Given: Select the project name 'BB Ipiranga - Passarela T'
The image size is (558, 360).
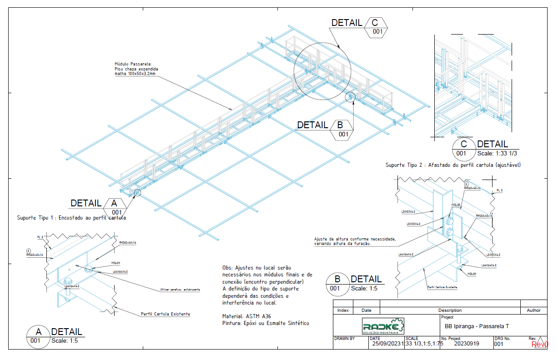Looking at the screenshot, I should [x=476, y=326].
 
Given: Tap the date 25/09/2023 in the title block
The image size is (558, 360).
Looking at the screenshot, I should [x=387, y=344].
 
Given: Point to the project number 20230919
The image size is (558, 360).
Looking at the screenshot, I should [x=467, y=344].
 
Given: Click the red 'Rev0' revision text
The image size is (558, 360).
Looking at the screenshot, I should [x=540, y=345].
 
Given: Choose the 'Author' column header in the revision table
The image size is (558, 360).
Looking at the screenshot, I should [x=533, y=310].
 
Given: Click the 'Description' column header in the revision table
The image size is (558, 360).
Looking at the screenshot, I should [x=450, y=310].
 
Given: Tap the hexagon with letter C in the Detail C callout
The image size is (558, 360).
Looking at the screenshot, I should [x=375, y=23].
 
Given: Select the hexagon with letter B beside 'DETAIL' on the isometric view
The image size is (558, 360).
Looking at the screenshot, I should [x=341, y=125].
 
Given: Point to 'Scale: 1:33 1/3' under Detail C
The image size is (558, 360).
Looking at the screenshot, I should [x=497, y=153].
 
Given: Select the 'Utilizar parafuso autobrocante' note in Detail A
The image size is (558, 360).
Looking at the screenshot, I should [x=180, y=289].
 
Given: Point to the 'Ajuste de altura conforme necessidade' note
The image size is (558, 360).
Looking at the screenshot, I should [x=355, y=239].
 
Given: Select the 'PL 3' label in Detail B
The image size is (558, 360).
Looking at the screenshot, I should [x=499, y=190].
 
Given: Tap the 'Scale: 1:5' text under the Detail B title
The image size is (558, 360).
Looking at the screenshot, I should [x=364, y=288].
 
